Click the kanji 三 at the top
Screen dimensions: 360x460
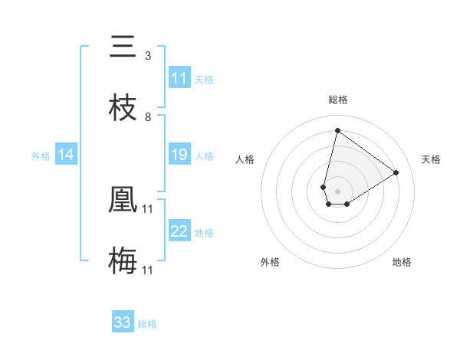123,47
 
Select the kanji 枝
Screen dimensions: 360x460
123,108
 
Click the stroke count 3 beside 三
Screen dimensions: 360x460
148,55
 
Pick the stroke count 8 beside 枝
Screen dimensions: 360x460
148,116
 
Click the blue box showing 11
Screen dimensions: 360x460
179,78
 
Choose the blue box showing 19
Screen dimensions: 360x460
179,155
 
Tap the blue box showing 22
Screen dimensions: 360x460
179,231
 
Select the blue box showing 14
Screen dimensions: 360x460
66,155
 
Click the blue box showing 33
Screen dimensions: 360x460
123,322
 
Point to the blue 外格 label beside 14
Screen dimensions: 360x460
41,155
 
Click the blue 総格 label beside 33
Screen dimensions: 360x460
147,323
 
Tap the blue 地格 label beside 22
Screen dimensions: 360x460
204,232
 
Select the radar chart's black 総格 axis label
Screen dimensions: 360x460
337,100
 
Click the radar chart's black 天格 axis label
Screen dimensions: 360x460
432,159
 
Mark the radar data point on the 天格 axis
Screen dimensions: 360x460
396,172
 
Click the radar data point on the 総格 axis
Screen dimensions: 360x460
337,130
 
